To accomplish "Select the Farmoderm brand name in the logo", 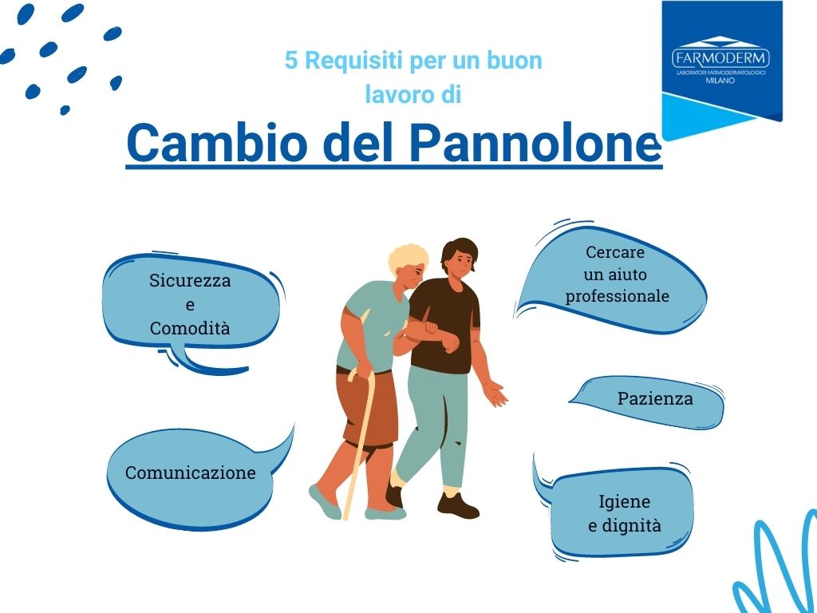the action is (x=721, y=57).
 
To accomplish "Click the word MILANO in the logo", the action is (x=720, y=81).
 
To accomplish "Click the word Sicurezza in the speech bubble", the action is (x=190, y=280).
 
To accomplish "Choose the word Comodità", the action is (x=190, y=328).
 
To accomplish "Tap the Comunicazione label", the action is (x=191, y=473).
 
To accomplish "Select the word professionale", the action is (x=618, y=297).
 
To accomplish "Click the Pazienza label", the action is (x=655, y=399).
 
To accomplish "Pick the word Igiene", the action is (x=624, y=502).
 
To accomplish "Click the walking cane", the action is (x=361, y=442).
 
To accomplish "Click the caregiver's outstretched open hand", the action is (x=495, y=394).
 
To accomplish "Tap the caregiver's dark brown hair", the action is (x=459, y=251).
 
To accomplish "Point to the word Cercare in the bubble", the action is (x=615, y=252).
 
